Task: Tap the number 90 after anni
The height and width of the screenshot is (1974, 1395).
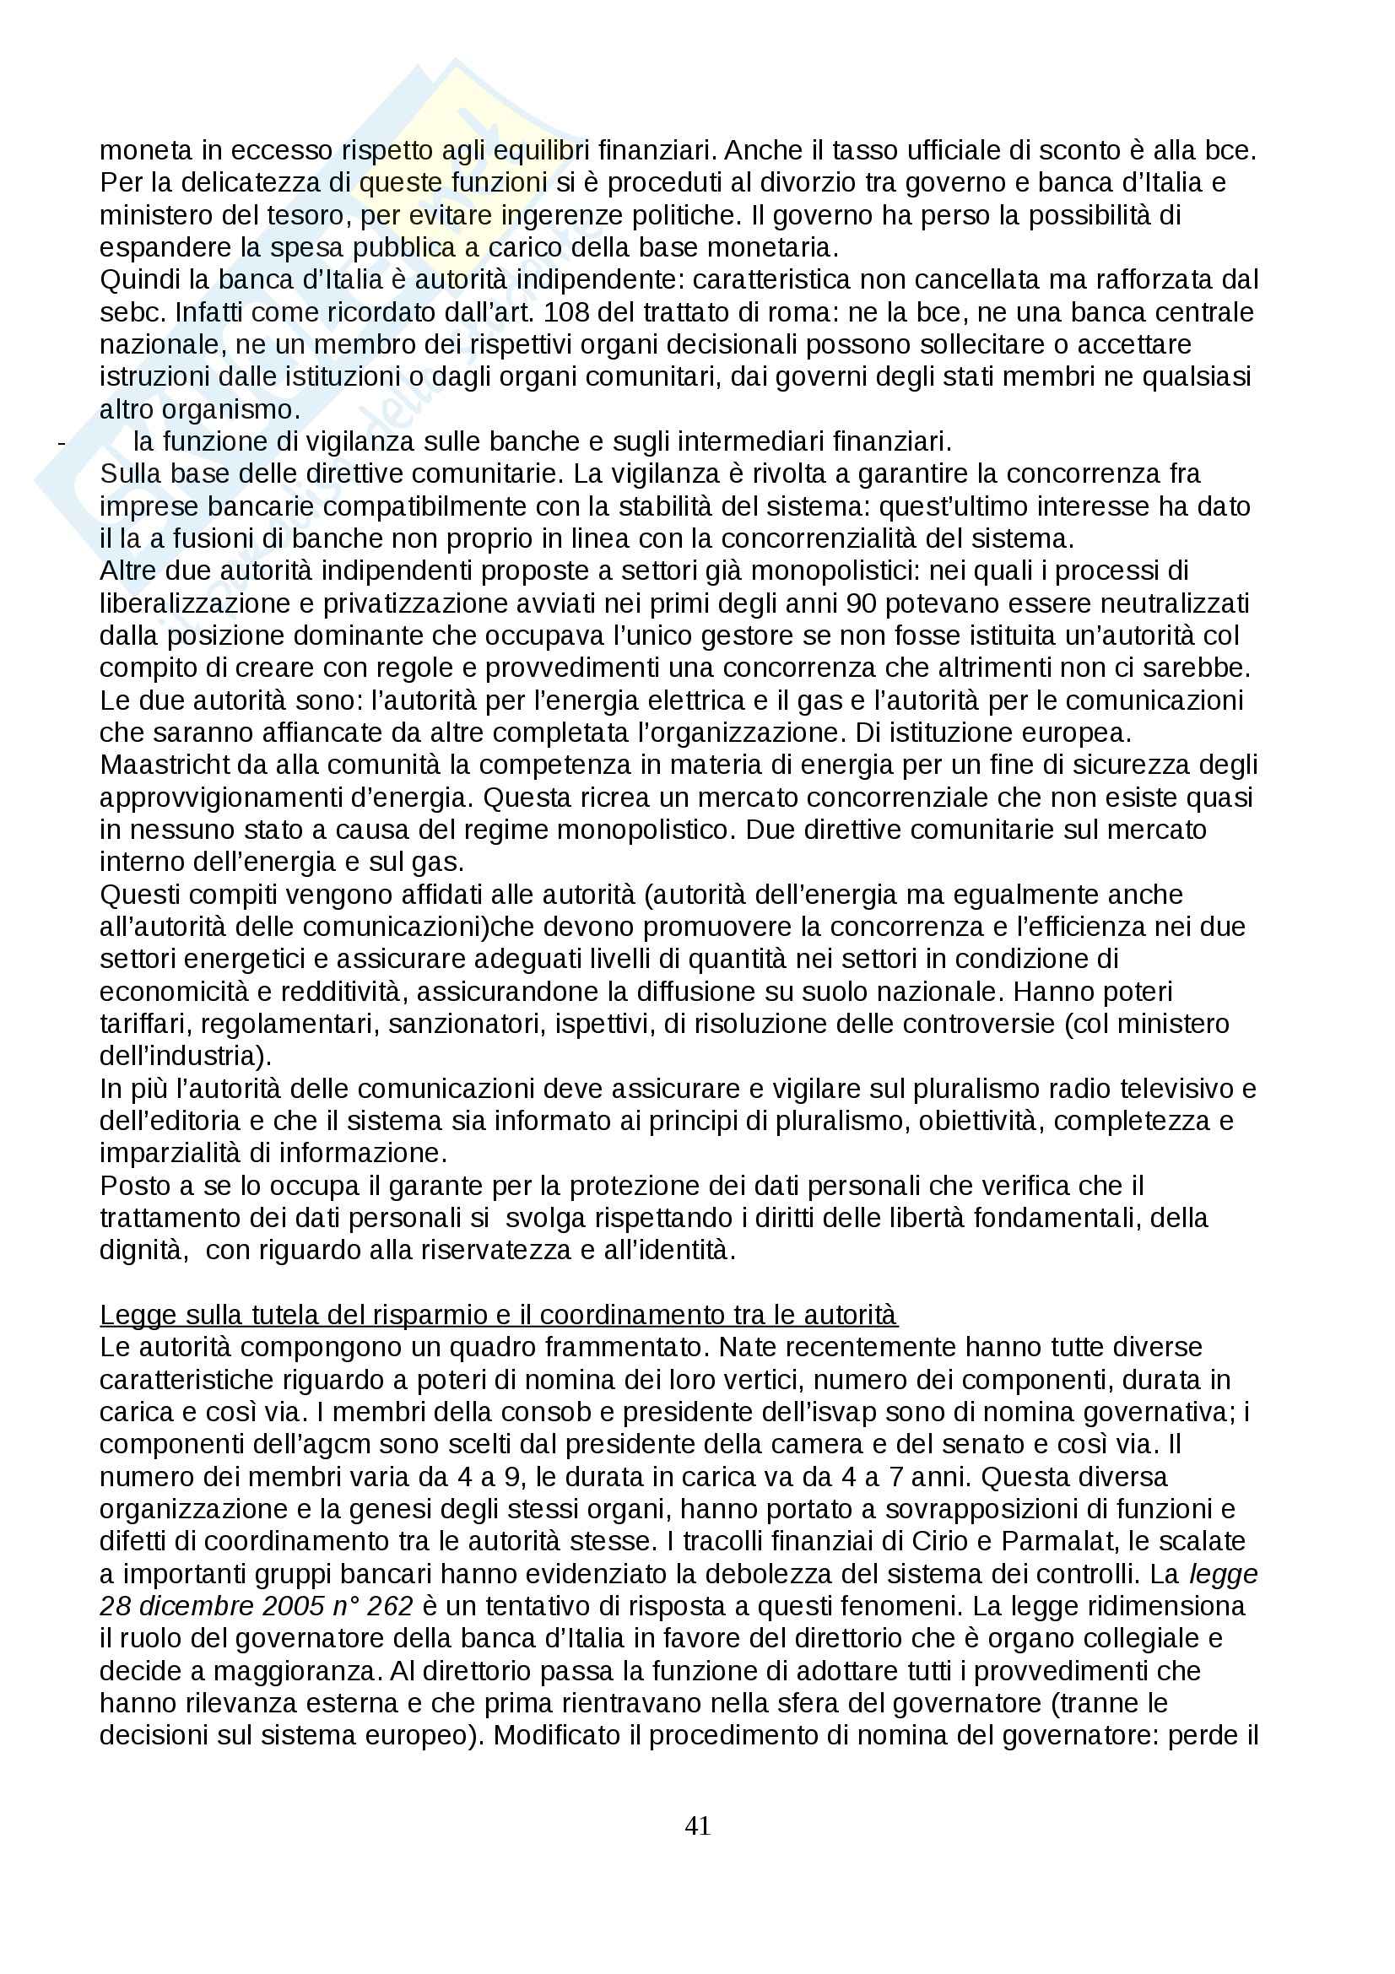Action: [x=861, y=603]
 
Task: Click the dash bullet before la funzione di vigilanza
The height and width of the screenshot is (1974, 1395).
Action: [x=60, y=442]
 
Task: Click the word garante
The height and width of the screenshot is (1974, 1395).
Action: [x=433, y=1186]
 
